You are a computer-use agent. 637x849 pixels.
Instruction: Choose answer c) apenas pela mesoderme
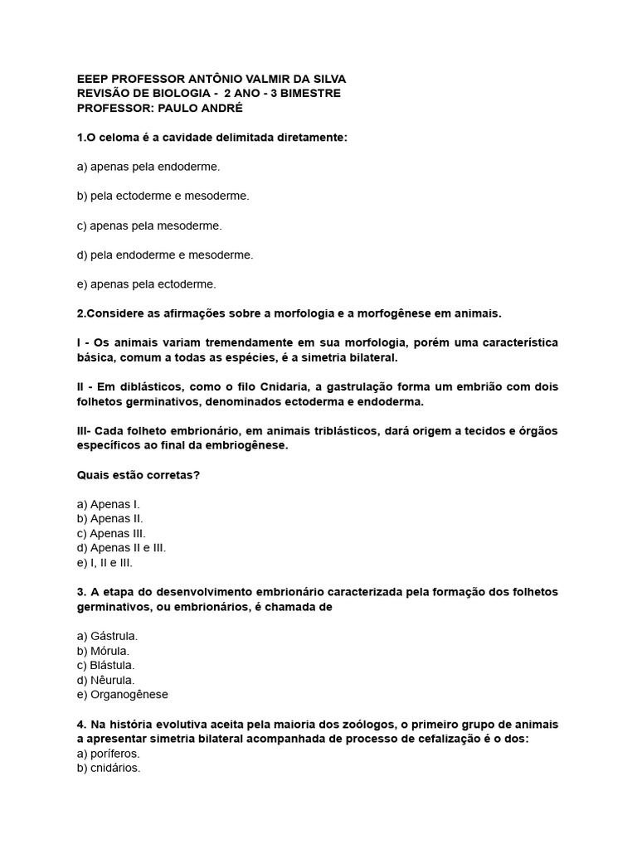[149, 226]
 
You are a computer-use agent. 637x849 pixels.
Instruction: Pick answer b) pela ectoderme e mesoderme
[163, 196]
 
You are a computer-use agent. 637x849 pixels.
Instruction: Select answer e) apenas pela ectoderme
[146, 284]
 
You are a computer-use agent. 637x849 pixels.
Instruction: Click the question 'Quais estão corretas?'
[138, 475]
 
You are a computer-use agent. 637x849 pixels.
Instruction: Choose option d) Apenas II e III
[121, 548]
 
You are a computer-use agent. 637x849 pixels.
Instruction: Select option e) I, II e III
[105, 562]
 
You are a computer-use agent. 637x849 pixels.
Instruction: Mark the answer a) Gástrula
[107, 636]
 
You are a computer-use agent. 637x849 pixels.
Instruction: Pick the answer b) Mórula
[103, 651]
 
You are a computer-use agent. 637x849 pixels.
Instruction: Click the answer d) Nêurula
[105, 680]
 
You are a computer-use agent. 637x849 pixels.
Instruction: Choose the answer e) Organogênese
[122, 695]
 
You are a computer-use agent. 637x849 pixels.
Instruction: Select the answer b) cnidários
[109, 768]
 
